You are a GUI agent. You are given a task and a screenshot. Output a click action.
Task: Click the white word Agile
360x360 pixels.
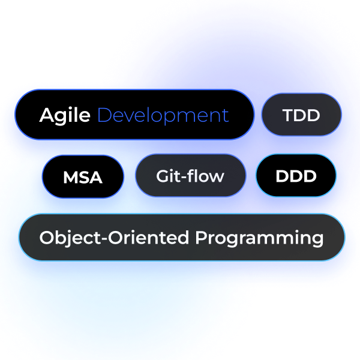pos(65,116)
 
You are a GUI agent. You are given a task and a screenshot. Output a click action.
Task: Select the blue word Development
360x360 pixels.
pos(163,115)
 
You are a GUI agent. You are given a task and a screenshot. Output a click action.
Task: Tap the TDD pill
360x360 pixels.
pos(301,115)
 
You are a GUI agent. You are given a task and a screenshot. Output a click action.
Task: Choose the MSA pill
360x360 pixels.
pos(83,176)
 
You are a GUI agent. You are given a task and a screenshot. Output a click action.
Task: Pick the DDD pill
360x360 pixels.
pos(296,175)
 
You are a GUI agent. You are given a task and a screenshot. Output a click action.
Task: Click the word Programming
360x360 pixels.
pos(259,238)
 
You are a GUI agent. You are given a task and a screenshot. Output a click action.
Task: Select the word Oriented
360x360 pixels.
pos(148,238)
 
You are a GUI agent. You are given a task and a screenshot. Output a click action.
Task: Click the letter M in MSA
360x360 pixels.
pos(70,177)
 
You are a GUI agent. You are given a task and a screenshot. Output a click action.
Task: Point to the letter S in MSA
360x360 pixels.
pos(83,177)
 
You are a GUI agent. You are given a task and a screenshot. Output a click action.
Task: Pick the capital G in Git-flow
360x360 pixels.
pos(163,176)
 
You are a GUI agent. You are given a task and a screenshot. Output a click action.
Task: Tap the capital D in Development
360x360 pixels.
pos(104,115)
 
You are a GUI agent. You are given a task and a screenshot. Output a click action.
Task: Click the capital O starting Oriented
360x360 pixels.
pos(115,238)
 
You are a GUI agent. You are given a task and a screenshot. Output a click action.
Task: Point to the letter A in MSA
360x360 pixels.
pos(95,177)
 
